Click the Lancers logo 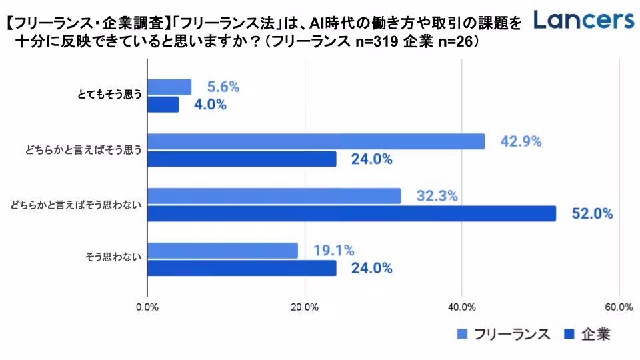[x=584, y=20]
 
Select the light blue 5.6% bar [x=169, y=87]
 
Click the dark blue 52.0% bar [x=351, y=213]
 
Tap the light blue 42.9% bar [x=315, y=141]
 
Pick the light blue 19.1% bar [x=222, y=251]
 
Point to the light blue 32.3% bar [x=273, y=196]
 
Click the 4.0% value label [x=211, y=105]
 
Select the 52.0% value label [x=592, y=214]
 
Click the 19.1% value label [x=333, y=251]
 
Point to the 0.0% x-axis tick [x=147, y=307]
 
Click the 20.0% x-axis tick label [x=305, y=307]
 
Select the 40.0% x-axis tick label [x=462, y=307]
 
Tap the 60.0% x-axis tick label [x=619, y=307]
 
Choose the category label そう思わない [x=113, y=259]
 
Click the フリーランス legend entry [x=504, y=335]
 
